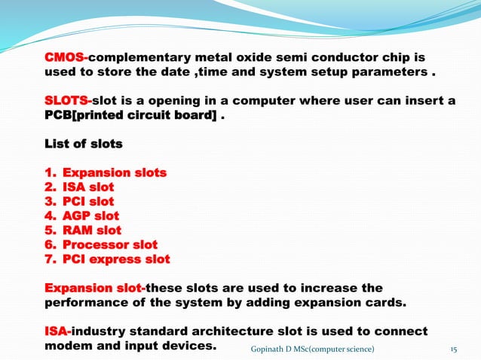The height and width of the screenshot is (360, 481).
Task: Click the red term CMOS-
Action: (66, 57)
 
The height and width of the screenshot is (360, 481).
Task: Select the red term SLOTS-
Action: (68, 101)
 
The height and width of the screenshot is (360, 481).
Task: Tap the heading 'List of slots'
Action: (84, 143)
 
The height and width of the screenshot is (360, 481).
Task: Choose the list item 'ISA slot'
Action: (88, 187)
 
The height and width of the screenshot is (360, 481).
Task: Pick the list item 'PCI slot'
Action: (88, 201)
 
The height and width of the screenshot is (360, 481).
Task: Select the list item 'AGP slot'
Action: (90, 215)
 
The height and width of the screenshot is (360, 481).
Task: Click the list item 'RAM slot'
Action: (91, 230)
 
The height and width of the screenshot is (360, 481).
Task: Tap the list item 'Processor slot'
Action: (110, 244)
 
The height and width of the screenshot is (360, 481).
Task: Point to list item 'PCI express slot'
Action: (116, 259)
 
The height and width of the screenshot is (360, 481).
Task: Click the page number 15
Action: (454, 349)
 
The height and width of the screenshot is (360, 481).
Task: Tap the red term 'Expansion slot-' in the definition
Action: (94, 288)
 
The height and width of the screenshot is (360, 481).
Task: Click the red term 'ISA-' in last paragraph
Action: (59, 331)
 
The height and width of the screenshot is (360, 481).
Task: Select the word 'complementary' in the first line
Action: (142, 57)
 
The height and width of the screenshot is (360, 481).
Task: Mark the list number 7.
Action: (50, 259)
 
